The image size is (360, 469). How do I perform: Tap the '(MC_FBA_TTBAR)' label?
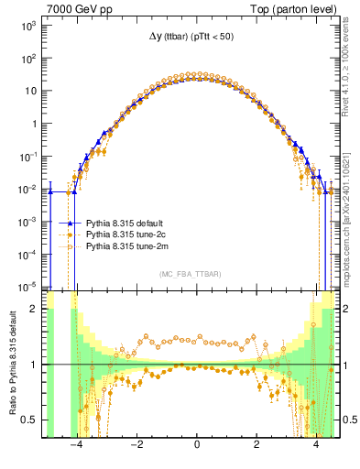(x=196, y=275)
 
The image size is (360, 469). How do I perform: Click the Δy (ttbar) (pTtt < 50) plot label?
(x=196, y=36)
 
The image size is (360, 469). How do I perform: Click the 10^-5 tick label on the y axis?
(x=29, y=286)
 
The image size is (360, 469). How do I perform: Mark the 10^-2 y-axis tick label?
(x=29, y=189)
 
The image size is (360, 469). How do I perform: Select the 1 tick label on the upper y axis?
(x=35, y=124)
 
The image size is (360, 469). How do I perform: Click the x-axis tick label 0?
(x=196, y=446)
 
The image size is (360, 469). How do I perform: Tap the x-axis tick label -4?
(x=77, y=446)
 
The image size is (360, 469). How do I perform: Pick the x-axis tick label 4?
(x=316, y=446)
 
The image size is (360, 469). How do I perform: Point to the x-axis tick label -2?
(x=136, y=446)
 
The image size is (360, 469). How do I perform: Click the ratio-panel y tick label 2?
(x=36, y=310)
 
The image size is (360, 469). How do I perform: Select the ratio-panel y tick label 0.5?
(x=32, y=420)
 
